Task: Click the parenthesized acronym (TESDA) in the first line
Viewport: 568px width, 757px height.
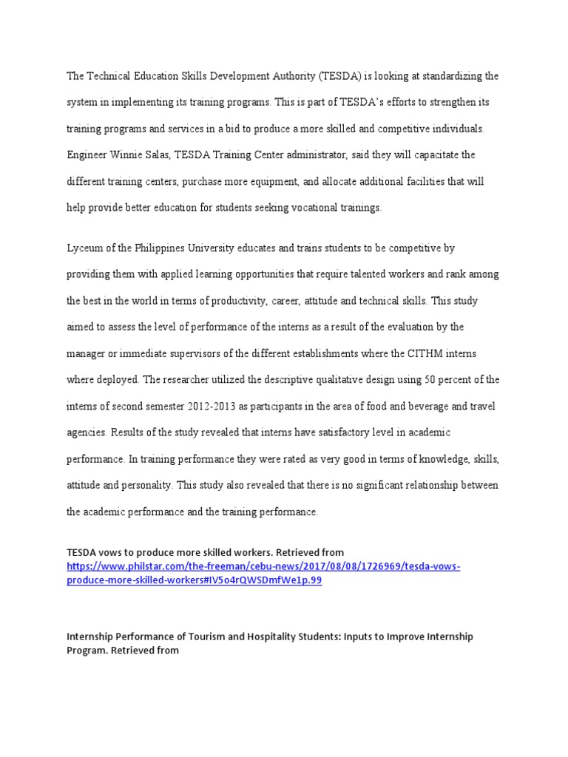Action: [342, 76]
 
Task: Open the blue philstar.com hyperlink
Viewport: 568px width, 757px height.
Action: [263, 567]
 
